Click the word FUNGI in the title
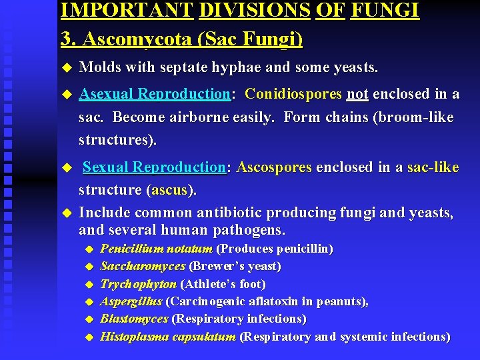384,10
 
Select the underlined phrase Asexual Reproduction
155,95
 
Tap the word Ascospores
273,167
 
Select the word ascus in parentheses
170,190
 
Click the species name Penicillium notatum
156,249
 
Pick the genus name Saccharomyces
143,266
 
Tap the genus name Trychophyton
138,284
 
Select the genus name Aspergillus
131,301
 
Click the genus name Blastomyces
134,319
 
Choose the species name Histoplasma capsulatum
168,337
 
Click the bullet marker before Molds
65,68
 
